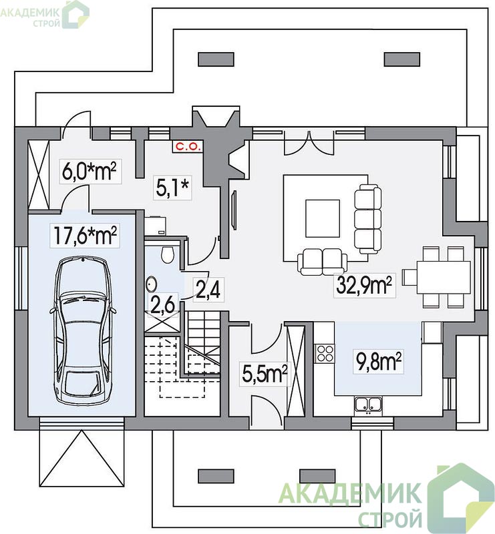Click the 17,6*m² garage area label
click(x=85, y=236)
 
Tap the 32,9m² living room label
click(x=364, y=286)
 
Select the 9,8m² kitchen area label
click(x=378, y=361)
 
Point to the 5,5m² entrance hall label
click(x=265, y=374)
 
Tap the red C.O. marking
click(x=187, y=147)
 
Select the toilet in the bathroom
click(x=168, y=254)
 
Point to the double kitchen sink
click(x=368, y=405)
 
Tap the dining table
click(x=444, y=277)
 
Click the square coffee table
click(x=323, y=218)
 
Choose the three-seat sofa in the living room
click(x=368, y=219)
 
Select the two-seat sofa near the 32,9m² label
click(x=322, y=262)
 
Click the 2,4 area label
click(x=208, y=290)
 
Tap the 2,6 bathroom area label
click(x=163, y=304)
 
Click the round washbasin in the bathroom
click(x=152, y=284)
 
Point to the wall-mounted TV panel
click(x=234, y=210)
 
